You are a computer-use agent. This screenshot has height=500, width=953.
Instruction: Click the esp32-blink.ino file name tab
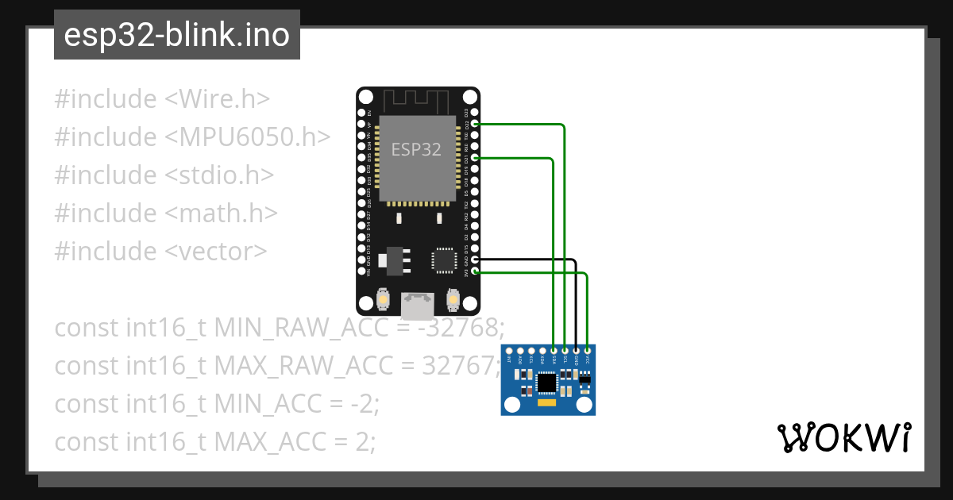(x=176, y=35)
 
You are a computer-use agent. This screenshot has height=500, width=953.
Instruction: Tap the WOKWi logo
(x=843, y=437)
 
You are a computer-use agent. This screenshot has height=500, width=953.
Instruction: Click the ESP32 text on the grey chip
(x=416, y=149)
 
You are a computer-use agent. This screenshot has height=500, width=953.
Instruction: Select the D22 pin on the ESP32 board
(x=475, y=124)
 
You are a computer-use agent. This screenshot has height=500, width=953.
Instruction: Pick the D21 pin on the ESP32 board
(x=475, y=158)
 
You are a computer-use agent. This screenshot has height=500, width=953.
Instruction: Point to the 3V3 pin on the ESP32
(x=475, y=271)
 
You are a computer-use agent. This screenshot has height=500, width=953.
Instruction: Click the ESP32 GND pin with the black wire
(x=475, y=260)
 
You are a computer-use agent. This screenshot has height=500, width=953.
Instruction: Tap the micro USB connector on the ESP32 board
(x=418, y=303)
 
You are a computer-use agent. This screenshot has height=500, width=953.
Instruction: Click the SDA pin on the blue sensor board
(x=554, y=350)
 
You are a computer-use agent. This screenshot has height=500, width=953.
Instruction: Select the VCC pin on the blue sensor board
(x=587, y=350)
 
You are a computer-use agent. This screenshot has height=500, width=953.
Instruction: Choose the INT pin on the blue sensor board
(x=509, y=350)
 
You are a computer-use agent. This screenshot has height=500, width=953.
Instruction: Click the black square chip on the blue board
(x=547, y=383)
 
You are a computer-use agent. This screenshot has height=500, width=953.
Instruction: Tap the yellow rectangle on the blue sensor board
(x=547, y=403)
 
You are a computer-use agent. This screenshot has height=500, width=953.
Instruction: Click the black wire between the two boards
(x=576, y=302)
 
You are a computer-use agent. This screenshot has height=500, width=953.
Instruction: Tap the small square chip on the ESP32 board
(x=443, y=260)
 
